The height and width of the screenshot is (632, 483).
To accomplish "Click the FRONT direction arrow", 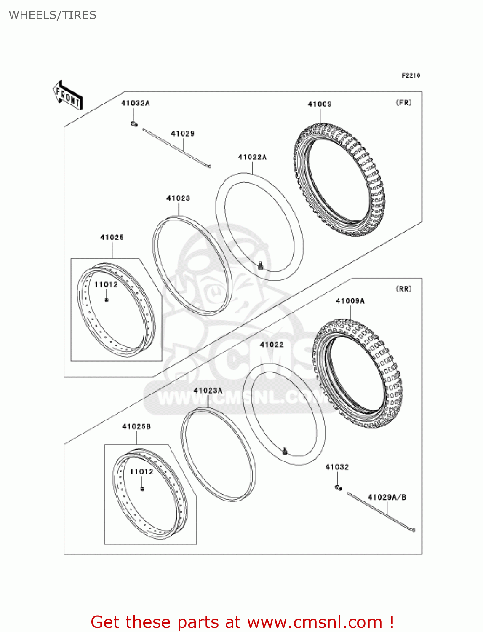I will (x=68, y=96).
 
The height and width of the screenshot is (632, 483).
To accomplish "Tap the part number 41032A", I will (x=135, y=103).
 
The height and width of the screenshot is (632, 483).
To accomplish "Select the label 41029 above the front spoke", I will (x=182, y=134).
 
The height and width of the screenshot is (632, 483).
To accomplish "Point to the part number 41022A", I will (x=252, y=157).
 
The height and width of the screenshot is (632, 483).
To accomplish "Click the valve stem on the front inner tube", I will (x=261, y=265).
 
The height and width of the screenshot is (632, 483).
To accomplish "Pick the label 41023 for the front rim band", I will (x=178, y=198).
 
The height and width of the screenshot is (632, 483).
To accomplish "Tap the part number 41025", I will (x=112, y=238).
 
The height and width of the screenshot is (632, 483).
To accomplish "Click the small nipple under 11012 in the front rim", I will (x=107, y=300).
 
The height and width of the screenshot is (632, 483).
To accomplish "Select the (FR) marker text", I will (x=403, y=103).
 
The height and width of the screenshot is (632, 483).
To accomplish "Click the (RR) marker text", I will (x=403, y=289).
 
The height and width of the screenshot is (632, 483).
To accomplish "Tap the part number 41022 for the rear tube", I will (x=272, y=345).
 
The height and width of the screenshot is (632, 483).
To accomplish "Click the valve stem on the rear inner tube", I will (x=285, y=450).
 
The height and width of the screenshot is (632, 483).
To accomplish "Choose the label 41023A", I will (x=208, y=391).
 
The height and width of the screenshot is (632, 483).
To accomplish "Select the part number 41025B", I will (x=136, y=426).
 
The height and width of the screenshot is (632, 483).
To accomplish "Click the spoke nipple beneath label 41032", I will (x=338, y=487).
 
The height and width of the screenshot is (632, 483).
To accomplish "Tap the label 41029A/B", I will (x=387, y=497).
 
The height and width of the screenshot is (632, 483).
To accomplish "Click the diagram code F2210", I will (x=411, y=75).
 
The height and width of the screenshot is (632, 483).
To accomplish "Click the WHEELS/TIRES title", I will (x=53, y=15).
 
